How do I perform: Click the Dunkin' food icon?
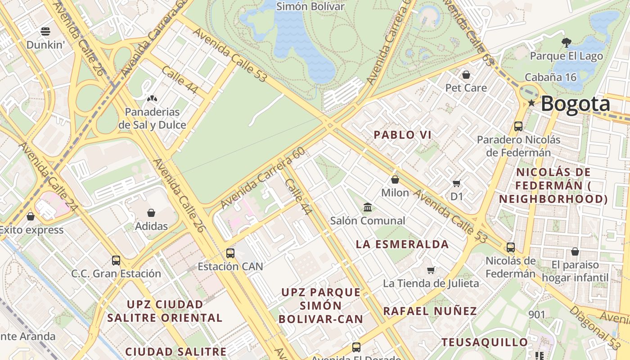tap(45, 31)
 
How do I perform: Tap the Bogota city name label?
tap(575, 104)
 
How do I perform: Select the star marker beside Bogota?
tap(531, 103)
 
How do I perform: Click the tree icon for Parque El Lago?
tap(566, 43)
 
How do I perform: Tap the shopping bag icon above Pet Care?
tap(466, 74)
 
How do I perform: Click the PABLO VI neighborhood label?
tap(402, 135)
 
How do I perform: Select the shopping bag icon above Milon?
tap(395, 180)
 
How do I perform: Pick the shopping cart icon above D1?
tap(456, 183)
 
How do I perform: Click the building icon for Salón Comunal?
tap(368, 207)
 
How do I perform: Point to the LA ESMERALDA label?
tap(402, 244)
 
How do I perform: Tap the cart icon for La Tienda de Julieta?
tap(431, 270)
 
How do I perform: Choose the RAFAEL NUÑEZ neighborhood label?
tap(430, 311)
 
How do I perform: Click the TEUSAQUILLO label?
tap(484, 342)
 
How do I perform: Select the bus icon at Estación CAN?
tap(230, 253)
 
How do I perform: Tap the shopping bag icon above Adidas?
tap(151, 212)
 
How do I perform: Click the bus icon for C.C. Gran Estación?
tap(116, 260)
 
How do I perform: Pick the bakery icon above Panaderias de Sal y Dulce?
tap(152, 98)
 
